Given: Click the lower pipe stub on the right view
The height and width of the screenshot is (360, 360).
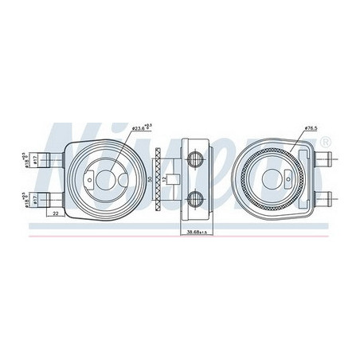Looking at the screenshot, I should (x=327, y=196).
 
